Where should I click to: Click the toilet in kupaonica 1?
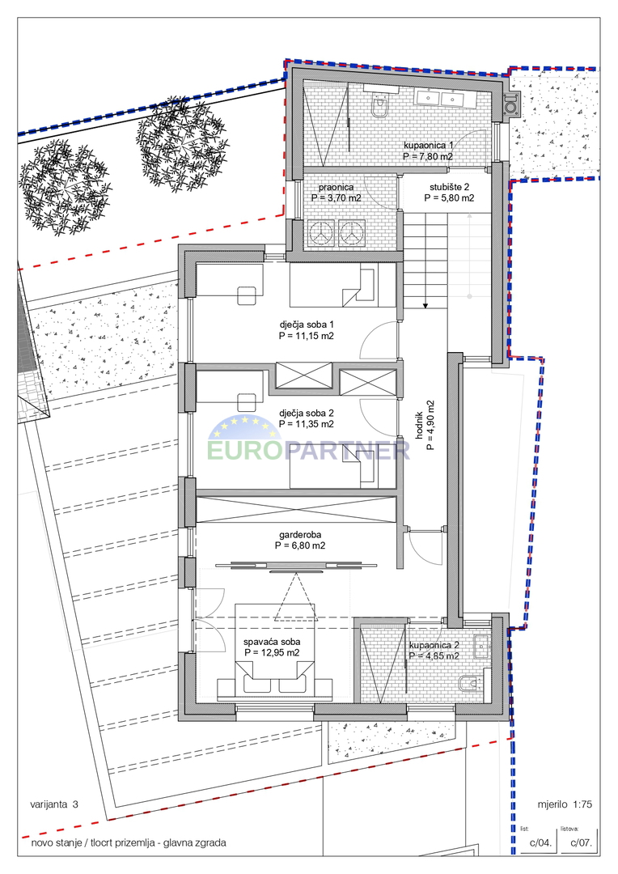(x=379, y=106)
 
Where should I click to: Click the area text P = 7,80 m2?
(x=428, y=157)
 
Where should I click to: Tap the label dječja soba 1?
(x=307, y=325)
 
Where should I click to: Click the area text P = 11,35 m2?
(x=307, y=423)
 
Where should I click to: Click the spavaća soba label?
(x=272, y=642)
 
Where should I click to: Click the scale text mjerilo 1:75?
(x=565, y=804)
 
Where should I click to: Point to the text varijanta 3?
(x=54, y=804)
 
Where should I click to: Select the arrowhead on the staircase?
(x=425, y=305)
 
